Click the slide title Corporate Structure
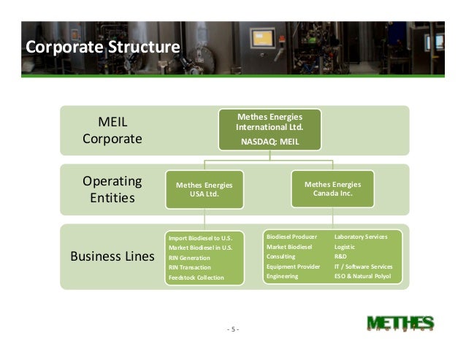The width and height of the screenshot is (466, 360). tap(102, 47)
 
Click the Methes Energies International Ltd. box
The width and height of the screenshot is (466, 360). tap(270, 129)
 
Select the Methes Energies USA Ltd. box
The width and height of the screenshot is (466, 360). tap(205, 190)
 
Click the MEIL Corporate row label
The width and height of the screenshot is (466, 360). tap(112, 129)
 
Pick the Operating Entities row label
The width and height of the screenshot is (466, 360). tap(112, 189)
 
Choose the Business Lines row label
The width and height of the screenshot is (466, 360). tap(112, 257)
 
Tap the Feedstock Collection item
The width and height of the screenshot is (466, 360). tap(196, 277)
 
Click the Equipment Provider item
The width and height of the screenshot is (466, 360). tap(293, 267)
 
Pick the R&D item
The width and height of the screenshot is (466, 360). tap(342, 257)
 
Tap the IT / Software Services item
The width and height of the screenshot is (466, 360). tap(363, 267)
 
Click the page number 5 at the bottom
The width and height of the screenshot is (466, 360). tap(233, 329)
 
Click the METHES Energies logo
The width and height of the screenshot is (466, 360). tap(400, 325)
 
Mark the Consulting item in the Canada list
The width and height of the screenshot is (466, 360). tap(281, 257)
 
